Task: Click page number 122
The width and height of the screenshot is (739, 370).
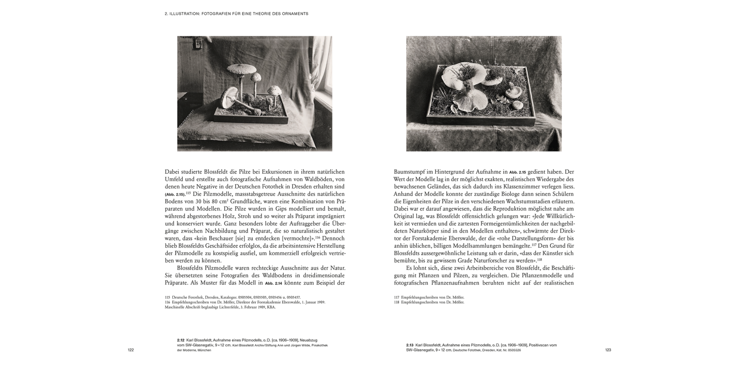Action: click(131, 350)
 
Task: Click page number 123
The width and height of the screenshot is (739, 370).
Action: click(608, 350)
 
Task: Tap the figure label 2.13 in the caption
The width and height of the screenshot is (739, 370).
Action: click(410, 345)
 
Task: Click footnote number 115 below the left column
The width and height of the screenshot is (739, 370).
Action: click(168, 297)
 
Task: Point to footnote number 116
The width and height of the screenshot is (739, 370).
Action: click(168, 302)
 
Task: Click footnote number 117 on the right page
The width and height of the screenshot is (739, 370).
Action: click(397, 297)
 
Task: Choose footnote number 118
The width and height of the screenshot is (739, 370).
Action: click(397, 302)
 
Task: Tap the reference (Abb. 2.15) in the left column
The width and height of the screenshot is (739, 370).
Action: click(175, 195)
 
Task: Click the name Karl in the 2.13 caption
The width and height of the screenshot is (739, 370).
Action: click(420, 345)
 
